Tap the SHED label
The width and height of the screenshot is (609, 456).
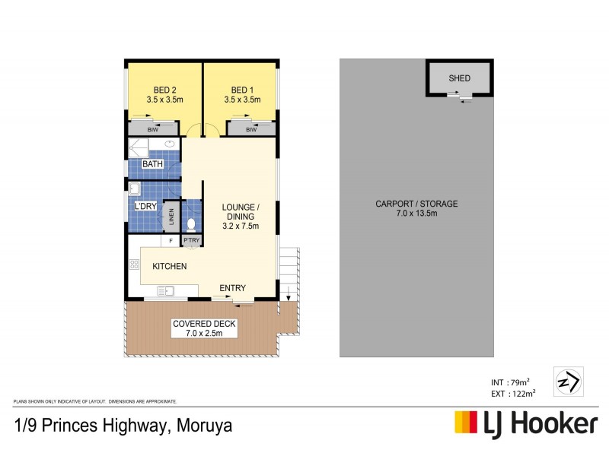tap(460, 78)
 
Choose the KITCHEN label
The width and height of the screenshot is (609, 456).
tap(170, 266)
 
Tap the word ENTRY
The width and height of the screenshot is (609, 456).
tap(232, 288)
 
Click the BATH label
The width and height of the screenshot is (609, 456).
tap(153, 164)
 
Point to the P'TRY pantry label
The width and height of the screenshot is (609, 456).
tap(190, 241)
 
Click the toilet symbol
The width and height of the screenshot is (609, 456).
tap(191, 223)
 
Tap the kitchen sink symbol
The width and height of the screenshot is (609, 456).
tap(167, 290)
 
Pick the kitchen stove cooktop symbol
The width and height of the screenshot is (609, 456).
tap(134, 264)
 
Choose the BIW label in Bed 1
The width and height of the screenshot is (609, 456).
tap(251, 130)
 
